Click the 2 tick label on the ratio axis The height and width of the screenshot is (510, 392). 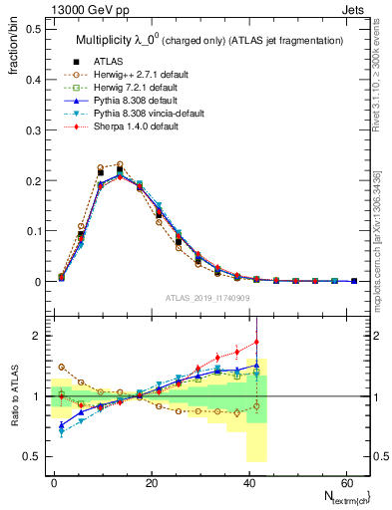pyautogui.click(x=35, y=337)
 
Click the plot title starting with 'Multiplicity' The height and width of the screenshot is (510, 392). pyautogui.click(x=209, y=39)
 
